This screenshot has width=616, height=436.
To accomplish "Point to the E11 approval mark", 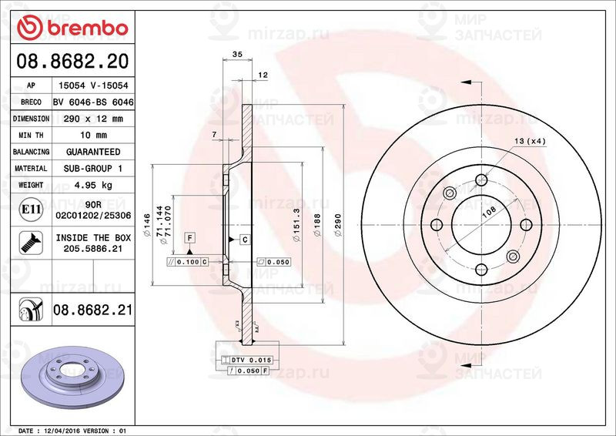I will pos(31,209).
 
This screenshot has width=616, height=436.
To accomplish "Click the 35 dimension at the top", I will pos(237,55).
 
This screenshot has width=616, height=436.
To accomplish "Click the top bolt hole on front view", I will pos(481,180).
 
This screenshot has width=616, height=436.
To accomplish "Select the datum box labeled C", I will pos(244,240).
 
